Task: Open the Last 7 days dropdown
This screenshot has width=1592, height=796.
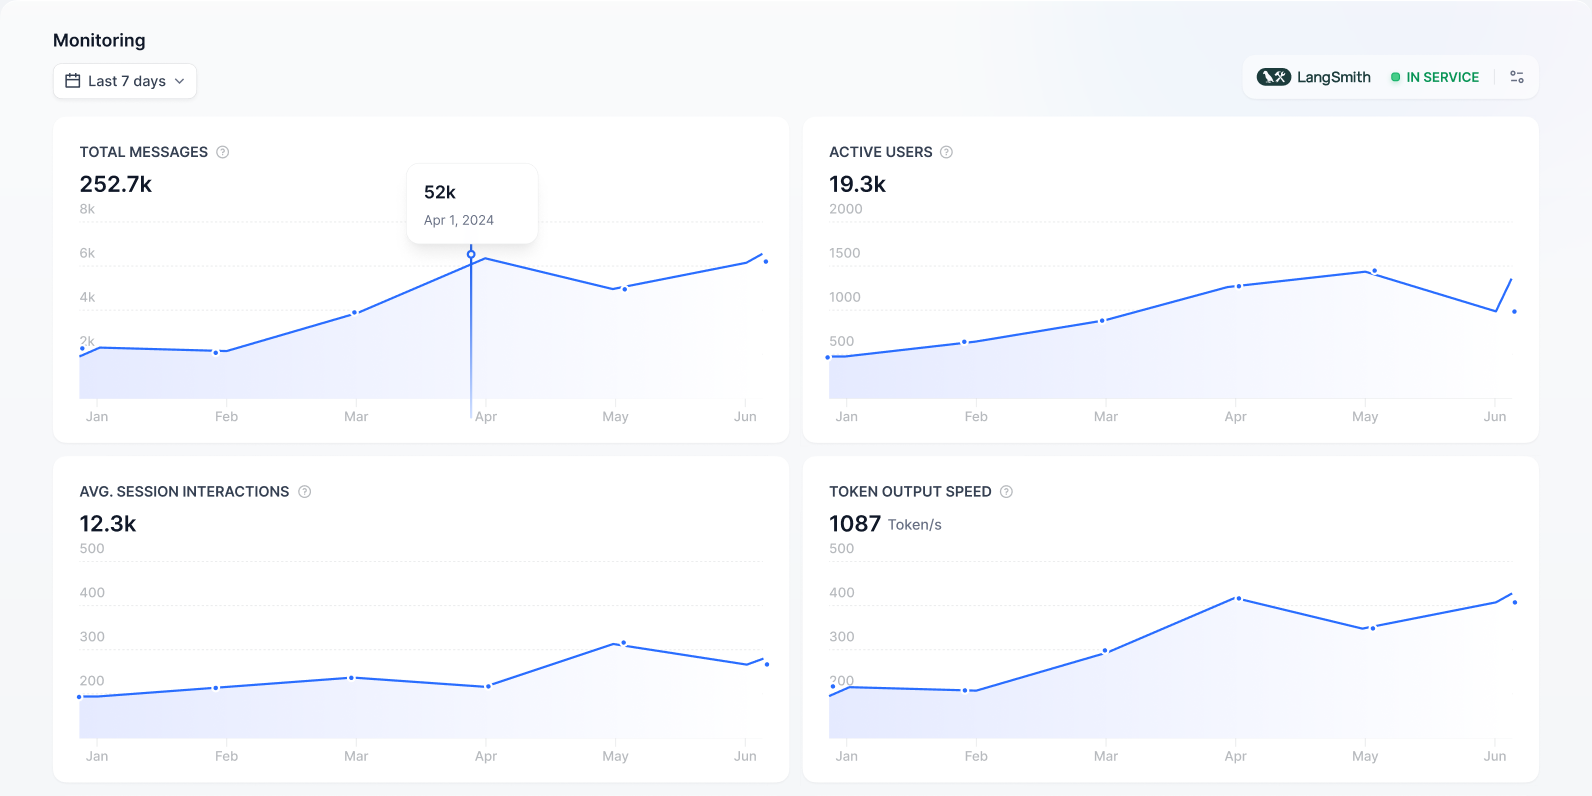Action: (x=125, y=81)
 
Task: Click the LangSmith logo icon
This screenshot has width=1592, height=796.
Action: (x=1273, y=77)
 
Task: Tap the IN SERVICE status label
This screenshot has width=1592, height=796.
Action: (x=1441, y=77)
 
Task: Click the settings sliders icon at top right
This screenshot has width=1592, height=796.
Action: (x=1516, y=77)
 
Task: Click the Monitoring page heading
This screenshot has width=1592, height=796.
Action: (x=99, y=40)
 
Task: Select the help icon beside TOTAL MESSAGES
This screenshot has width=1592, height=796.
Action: (x=223, y=152)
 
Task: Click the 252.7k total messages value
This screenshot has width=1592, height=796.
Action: (x=116, y=184)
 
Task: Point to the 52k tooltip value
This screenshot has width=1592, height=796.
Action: (x=440, y=192)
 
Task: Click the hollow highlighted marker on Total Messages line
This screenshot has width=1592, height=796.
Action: (x=471, y=254)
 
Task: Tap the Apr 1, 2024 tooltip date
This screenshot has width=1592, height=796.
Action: (x=459, y=220)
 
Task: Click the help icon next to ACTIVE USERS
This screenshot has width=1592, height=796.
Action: (x=946, y=152)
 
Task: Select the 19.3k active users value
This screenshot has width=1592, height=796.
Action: (x=857, y=184)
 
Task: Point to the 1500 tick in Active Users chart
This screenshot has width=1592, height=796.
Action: (x=844, y=253)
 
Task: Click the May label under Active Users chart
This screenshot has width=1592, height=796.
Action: (x=1365, y=417)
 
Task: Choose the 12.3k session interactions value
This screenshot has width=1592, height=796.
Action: (x=108, y=524)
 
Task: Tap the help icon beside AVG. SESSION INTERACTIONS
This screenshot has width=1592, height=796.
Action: (x=305, y=492)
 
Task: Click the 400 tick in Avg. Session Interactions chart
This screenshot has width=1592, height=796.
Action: (x=92, y=593)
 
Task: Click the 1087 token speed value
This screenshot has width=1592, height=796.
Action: (x=855, y=524)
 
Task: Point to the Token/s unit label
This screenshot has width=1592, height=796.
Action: (x=914, y=525)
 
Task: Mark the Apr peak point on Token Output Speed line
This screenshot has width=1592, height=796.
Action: (x=1239, y=598)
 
